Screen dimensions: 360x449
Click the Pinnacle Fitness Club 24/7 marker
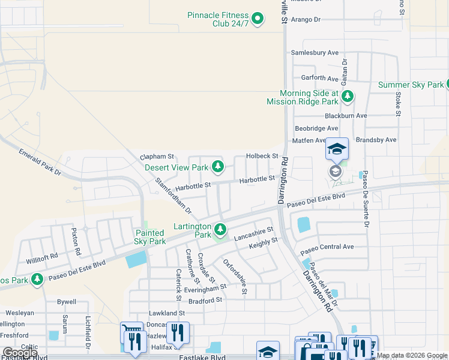(x=258, y=19)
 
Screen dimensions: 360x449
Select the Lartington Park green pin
(x=221, y=229)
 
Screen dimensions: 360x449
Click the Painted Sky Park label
(x=149, y=237)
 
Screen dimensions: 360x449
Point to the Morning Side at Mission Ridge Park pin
(x=347, y=96)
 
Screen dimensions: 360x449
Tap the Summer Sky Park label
(x=411, y=85)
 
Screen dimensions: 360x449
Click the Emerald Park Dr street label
(x=40, y=162)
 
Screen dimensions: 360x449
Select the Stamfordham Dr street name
(x=173, y=196)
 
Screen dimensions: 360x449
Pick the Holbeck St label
(x=262, y=156)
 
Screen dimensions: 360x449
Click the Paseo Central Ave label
(x=327, y=247)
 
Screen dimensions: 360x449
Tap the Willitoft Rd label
(x=41, y=259)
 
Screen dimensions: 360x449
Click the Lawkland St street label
(x=167, y=313)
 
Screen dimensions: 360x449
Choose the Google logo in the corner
(x=20, y=353)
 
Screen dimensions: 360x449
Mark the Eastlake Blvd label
(x=202, y=357)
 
